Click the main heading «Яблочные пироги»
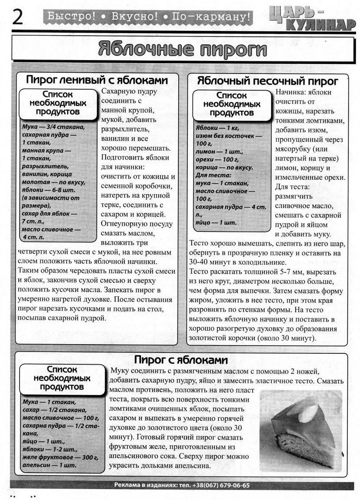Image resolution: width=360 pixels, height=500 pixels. [x=182, y=49]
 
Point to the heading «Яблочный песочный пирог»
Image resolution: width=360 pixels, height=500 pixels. [x=267, y=81]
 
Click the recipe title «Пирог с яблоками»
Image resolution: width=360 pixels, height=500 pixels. [x=180, y=360]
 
